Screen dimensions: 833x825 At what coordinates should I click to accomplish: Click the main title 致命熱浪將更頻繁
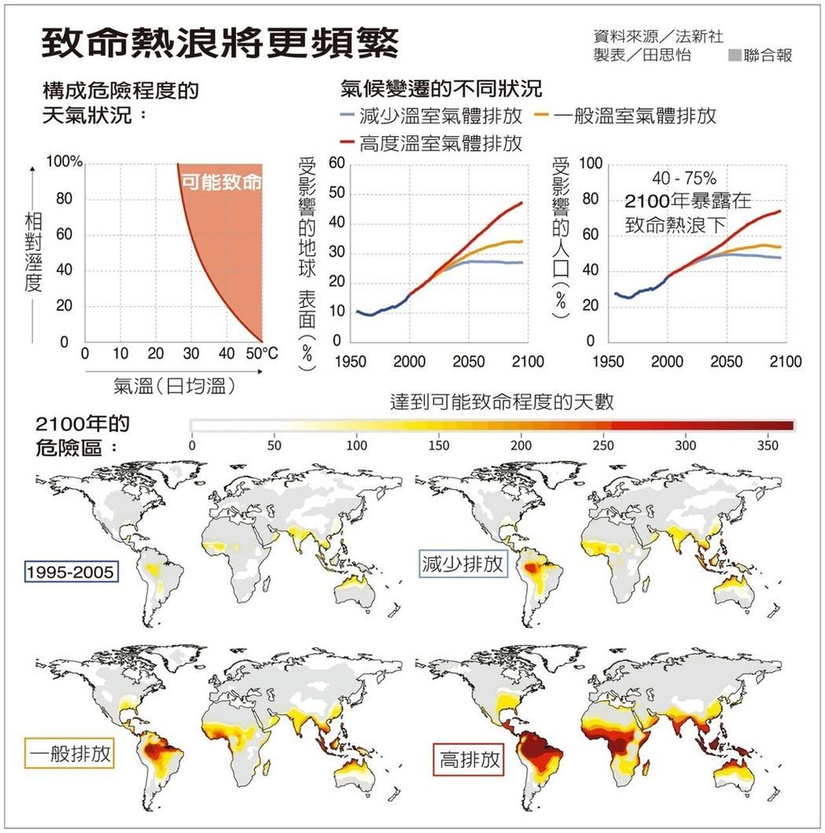(220, 44)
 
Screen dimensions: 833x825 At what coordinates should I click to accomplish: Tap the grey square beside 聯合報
(735, 56)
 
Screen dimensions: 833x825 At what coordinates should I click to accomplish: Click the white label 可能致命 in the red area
(220, 182)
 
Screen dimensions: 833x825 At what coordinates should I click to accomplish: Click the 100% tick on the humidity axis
(64, 162)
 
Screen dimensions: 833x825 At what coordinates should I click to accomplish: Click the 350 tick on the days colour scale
(767, 445)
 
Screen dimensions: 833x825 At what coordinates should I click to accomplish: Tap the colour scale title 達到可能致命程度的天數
(502, 402)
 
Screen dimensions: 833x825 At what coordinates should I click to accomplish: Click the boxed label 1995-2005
(73, 572)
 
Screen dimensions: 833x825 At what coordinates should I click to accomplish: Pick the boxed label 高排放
(469, 760)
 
